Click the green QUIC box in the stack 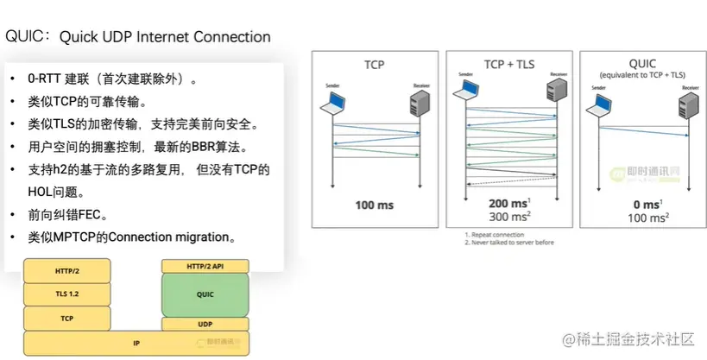pyautogui.click(x=205, y=294)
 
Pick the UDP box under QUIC pyautogui.click(x=205, y=325)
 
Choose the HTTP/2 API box pyautogui.click(x=205, y=267)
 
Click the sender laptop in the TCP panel pyautogui.click(x=331, y=104)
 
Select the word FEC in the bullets pyautogui.click(x=95, y=214)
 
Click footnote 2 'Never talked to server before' pyautogui.click(x=509, y=242)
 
